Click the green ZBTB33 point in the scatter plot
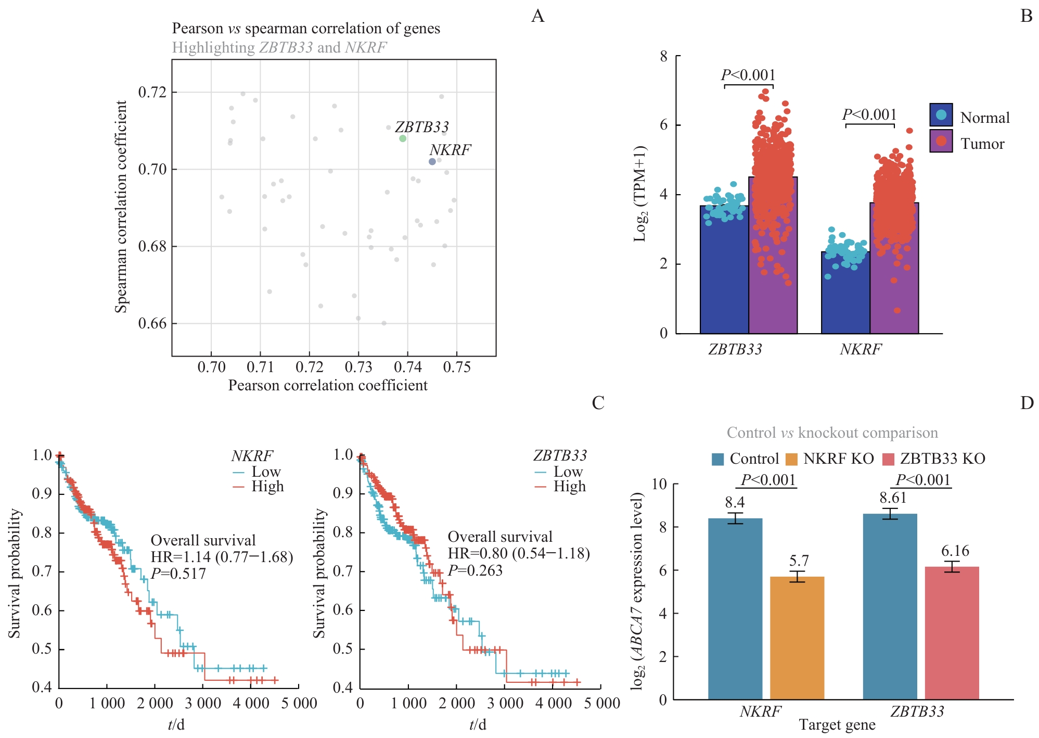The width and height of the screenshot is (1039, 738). tap(403, 138)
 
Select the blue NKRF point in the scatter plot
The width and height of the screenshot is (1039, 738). tap(432, 162)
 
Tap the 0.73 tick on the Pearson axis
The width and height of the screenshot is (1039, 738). tap(358, 367)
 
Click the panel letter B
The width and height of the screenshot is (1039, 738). tap(1026, 17)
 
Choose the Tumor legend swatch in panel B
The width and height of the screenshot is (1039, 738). tap(941, 141)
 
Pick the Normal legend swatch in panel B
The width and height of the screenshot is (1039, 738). tap(941, 115)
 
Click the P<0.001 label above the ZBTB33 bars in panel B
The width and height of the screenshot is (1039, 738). tap(748, 75)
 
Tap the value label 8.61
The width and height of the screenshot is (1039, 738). tap(893, 498)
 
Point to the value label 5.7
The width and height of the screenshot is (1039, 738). tap(799, 561)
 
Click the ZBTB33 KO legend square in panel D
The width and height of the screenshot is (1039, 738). tap(889, 459)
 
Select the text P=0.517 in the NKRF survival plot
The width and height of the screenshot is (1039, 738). tap(178, 574)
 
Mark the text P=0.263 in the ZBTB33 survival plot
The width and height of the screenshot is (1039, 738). tap(475, 571)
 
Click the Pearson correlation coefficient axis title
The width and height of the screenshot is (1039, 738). tap(328, 386)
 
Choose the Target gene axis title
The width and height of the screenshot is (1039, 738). tap(837, 725)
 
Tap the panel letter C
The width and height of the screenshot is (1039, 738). tap(598, 403)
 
